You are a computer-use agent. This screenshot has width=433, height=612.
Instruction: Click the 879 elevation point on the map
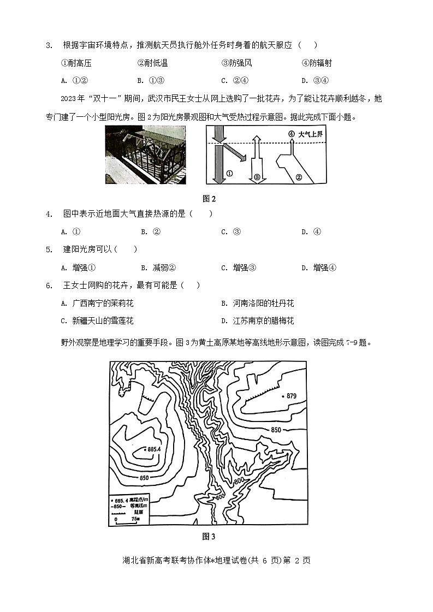tap(283, 396)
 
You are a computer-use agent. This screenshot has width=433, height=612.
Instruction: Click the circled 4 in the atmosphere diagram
tap(291, 134)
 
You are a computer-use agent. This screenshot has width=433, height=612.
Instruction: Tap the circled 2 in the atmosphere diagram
tap(298, 176)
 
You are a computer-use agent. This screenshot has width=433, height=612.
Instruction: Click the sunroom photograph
tap(145, 155)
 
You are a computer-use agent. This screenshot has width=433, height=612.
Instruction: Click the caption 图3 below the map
tap(209, 536)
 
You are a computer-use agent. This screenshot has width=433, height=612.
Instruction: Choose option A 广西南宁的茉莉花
tap(98, 303)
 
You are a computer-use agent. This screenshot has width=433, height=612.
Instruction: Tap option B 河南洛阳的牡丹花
tap(257, 303)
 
